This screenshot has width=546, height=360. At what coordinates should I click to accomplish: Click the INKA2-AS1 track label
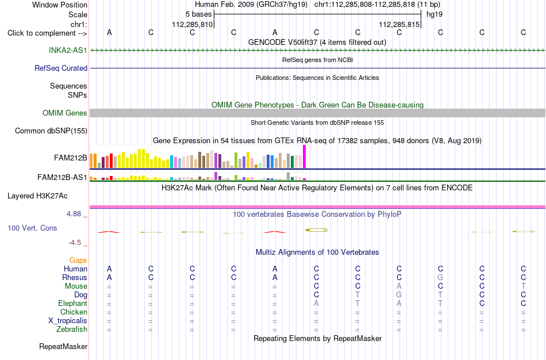pos(68,50)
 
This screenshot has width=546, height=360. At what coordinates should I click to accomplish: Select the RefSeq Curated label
pos(61,68)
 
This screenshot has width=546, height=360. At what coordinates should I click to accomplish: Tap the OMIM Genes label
pos(65,113)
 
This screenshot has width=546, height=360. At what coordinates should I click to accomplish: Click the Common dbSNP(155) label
pos(51,131)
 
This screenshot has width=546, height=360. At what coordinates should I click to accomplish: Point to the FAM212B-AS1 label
pos(62,177)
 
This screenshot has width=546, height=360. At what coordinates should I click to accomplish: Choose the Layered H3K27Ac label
pos(37,196)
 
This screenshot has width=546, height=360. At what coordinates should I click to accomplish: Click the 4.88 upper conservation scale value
pos(74,213)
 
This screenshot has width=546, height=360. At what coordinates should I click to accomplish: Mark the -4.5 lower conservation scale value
pos(75,243)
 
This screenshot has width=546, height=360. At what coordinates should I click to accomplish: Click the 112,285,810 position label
pos(192,24)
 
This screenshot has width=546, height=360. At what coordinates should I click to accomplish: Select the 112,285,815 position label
pos(399,24)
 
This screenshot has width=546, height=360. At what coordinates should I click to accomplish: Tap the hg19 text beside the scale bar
pos(435,14)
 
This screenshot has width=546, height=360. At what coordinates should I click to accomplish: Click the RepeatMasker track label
pos(63,346)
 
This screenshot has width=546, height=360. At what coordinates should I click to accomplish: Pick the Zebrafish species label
pos(72,329)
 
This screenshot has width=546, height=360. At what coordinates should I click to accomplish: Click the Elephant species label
pos(73,303)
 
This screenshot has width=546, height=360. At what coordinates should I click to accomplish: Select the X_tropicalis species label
pos(68,321)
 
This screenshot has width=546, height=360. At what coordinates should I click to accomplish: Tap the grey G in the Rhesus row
pos(440,277)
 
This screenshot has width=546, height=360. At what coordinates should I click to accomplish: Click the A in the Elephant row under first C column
pos(316,303)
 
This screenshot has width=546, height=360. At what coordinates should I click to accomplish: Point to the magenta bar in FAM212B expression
pos(305,157)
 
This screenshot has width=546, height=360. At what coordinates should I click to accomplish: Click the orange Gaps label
pos(78,260)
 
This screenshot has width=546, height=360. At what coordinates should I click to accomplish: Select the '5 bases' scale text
pos(198,14)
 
